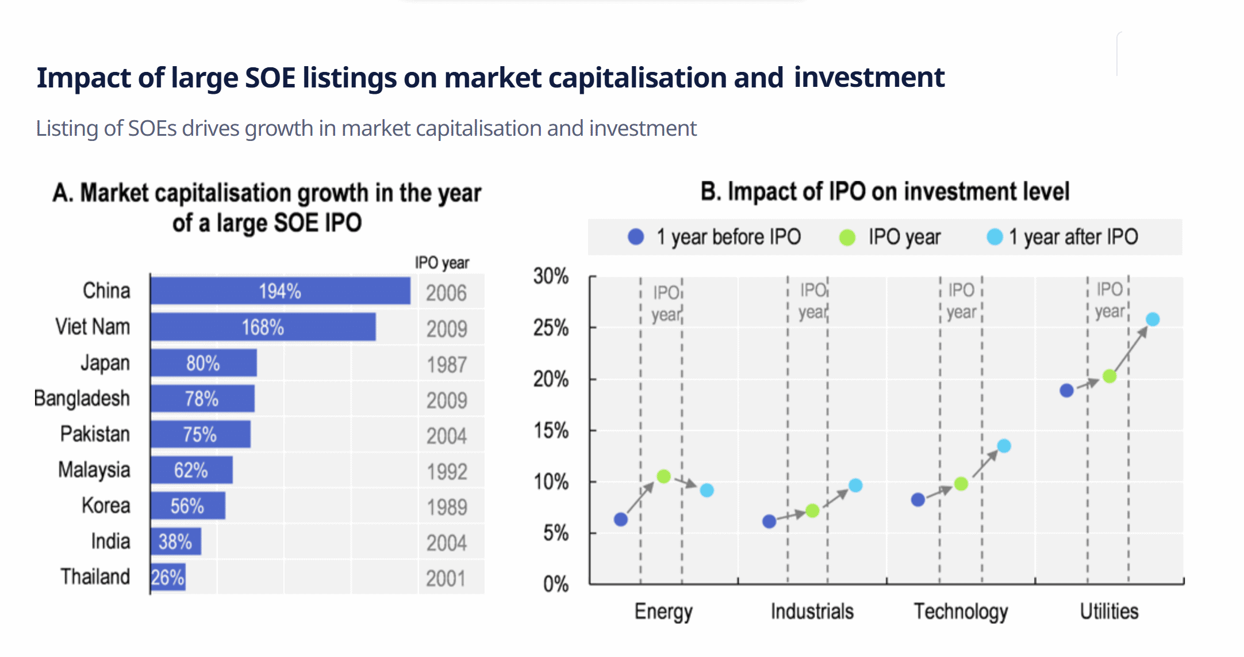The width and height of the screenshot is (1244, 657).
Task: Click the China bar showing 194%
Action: pos(280,291)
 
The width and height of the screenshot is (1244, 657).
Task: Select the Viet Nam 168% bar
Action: pos(263,327)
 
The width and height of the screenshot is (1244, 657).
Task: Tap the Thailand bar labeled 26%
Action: pos(168,577)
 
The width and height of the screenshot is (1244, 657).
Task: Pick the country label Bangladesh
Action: pos(82,398)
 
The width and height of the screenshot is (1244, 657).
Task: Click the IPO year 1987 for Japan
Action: pos(447,365)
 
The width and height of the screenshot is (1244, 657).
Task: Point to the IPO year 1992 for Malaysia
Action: pos(447,472)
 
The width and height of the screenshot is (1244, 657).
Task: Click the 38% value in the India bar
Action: pos(175,541)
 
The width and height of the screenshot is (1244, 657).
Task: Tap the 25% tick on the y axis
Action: pos(551,328)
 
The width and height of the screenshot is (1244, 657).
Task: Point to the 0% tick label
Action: pos(555,585)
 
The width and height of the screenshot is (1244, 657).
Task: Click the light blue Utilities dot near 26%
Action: pos(1152,319)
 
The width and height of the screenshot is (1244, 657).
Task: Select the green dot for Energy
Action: pos(663,476)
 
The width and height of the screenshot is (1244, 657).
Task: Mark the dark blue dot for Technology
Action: pos(918,499)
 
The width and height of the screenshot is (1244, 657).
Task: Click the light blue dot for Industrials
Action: pos(855,486)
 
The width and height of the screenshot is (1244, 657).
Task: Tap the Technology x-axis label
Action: pos(961,612)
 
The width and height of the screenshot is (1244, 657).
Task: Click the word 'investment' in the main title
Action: pos(869,77)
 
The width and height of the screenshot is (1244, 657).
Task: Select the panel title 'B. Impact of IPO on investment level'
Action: pos(885,192)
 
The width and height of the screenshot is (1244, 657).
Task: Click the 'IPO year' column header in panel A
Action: pos(442,263)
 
